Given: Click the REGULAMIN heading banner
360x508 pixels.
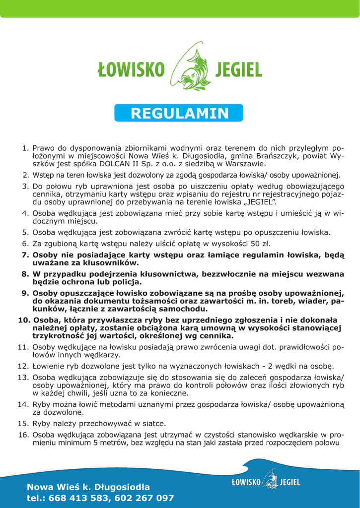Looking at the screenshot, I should point(179,113).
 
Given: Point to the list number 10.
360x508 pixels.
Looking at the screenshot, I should point(24,319).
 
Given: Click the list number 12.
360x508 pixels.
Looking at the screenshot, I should point(23,366).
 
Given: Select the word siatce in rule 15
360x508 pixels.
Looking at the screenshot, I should point(153,424).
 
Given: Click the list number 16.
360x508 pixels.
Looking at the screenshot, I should point(23,435).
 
